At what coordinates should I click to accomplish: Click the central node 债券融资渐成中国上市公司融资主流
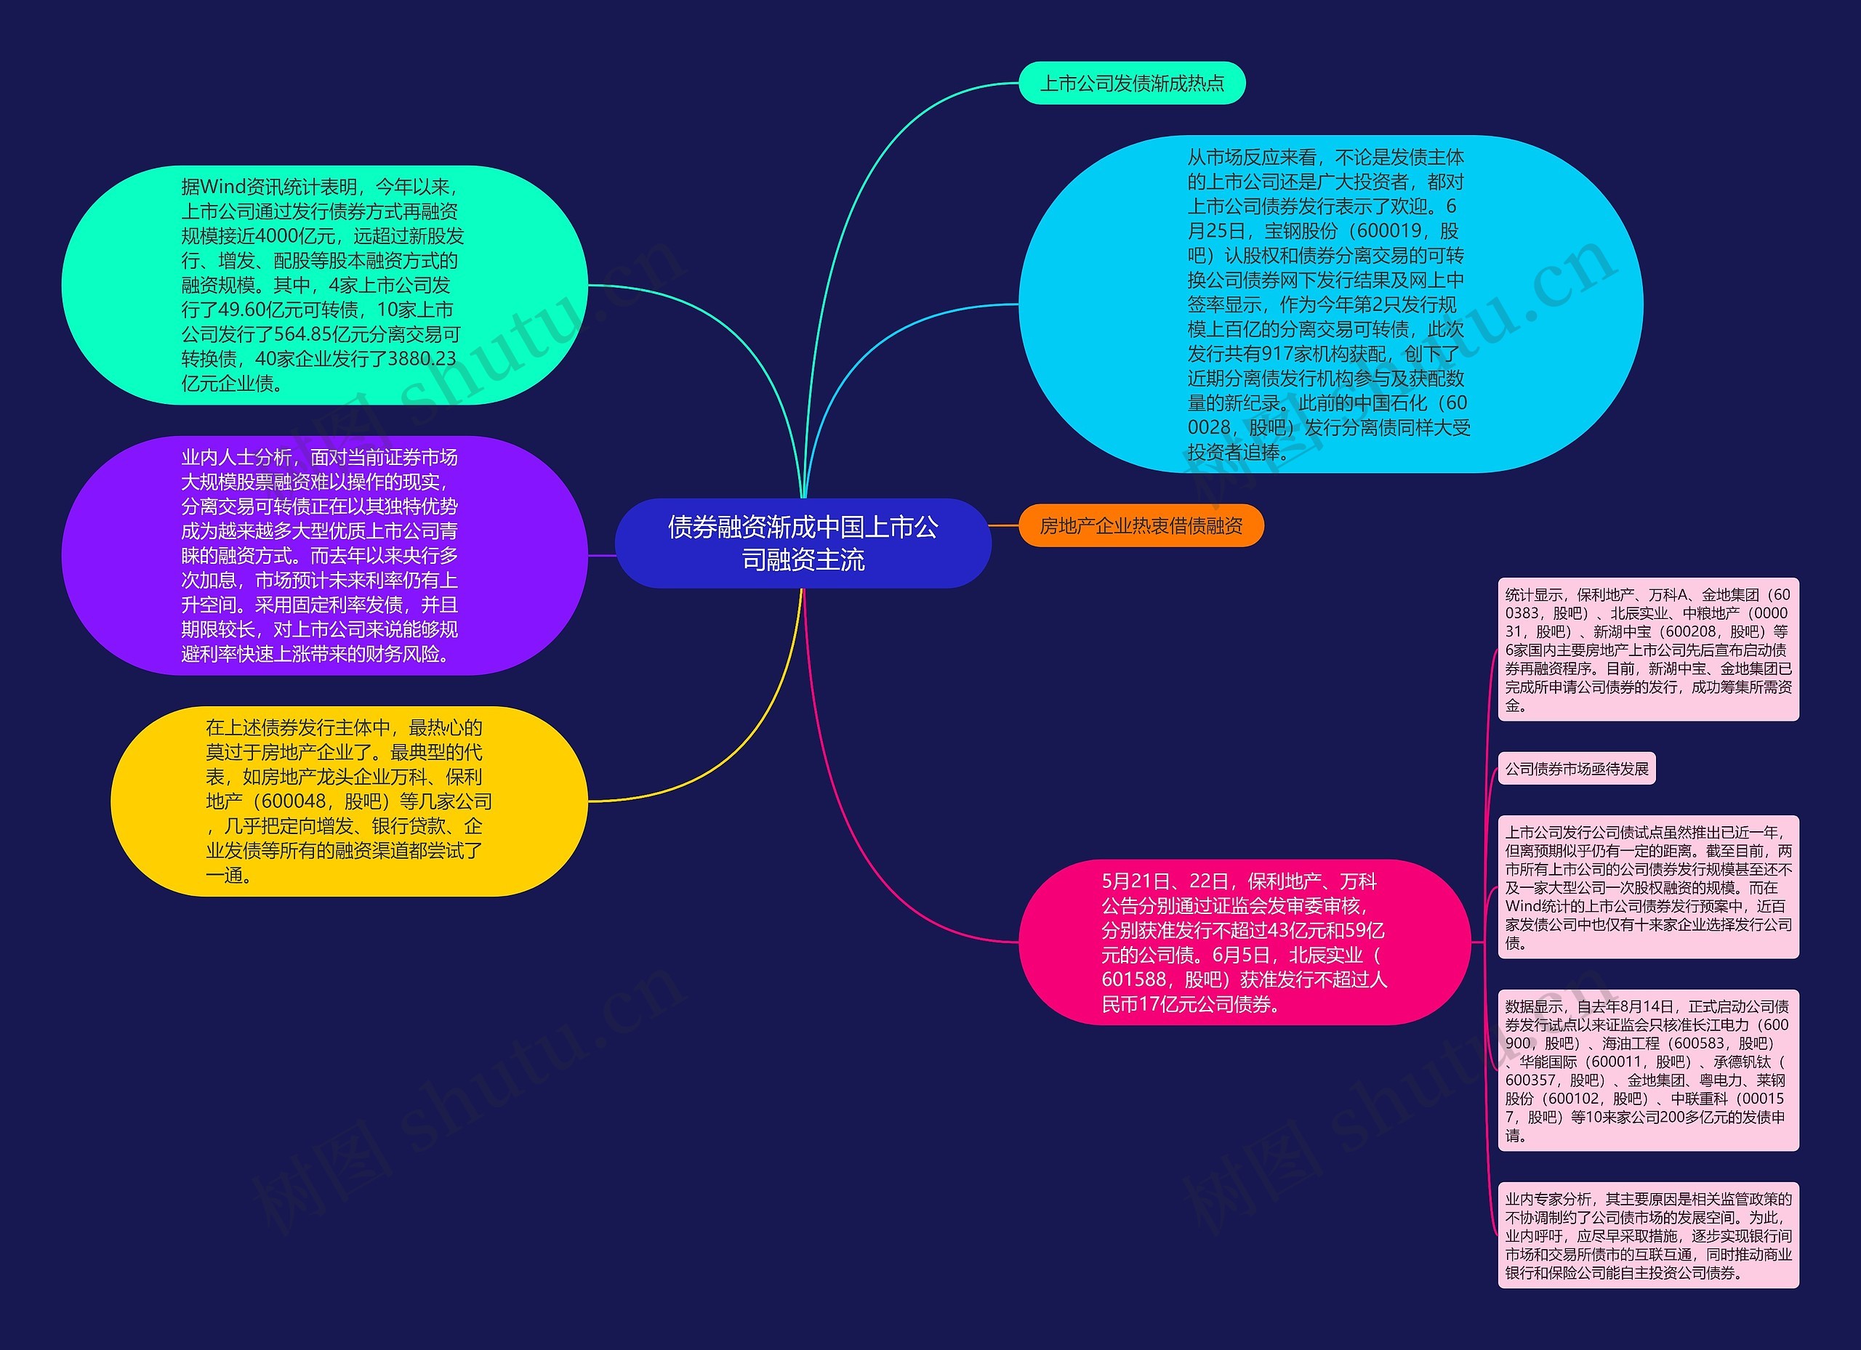click(x=803, y=543)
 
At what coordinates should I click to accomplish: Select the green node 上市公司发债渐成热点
click(x=1132, y=83)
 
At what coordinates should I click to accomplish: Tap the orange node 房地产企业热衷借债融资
click(x=1141, y=526)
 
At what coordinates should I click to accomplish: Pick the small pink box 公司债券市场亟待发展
click(x=1576, y=769)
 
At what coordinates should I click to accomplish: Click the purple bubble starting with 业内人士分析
click(x=324, y=555)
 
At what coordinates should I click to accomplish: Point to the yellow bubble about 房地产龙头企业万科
click(x=349, y=801)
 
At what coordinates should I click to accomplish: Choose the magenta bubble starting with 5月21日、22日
click(x=1244, y=942)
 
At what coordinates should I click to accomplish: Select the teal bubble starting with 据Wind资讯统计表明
click(x=324, y=285)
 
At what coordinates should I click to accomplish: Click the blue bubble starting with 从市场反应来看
click(x=1330, y=304)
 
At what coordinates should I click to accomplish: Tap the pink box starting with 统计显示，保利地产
click(x=1648, y=650)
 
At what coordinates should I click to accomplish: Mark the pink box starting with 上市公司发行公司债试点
click(x=1648, y=886)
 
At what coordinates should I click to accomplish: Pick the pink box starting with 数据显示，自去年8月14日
click(x=1648, y=1070)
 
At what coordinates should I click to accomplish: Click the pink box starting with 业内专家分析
click(x=1648, y=1235)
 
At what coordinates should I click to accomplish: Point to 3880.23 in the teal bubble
click(x=421, y=359)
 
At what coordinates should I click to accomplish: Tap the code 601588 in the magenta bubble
click(x=1136, y=979)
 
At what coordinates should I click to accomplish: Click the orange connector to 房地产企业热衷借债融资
click(x=1005, y=525)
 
